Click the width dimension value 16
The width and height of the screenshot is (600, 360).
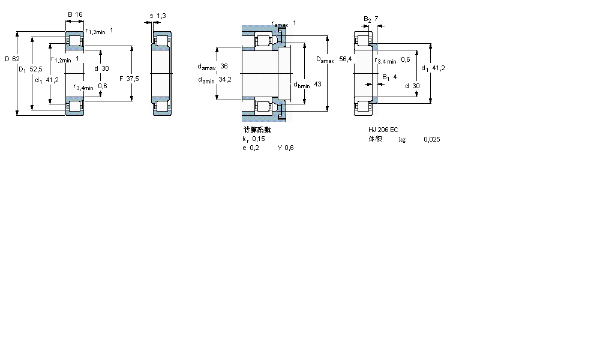click(80, 14)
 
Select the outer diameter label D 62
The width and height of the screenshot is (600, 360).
click(12, 59)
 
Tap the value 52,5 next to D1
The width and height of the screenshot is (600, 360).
click(37, 70)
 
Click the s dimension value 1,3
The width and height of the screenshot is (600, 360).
click(161, 15)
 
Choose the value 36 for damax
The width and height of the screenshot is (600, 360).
click(224, 66)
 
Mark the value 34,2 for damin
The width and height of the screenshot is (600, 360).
click(225, 79)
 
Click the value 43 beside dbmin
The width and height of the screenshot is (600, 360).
click(317, 84)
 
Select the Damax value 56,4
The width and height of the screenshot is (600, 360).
click(345, 59)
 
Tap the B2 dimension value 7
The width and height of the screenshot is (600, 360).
click(376, 19)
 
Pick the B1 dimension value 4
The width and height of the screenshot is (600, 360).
click(395, 77)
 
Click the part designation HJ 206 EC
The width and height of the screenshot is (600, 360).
click(383, 130)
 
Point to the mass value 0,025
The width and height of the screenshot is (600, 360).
click(431, 139)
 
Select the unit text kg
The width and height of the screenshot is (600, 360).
click(402, 139)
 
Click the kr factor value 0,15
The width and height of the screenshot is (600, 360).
click(258, 139)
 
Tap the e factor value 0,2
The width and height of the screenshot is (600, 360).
click(254, 148)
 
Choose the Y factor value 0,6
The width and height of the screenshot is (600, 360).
click(289, 148)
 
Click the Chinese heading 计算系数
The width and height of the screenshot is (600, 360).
click(257, 130)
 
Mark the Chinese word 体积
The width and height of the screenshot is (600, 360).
click(375, 139)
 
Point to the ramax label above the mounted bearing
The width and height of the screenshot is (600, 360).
click(280, 24)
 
